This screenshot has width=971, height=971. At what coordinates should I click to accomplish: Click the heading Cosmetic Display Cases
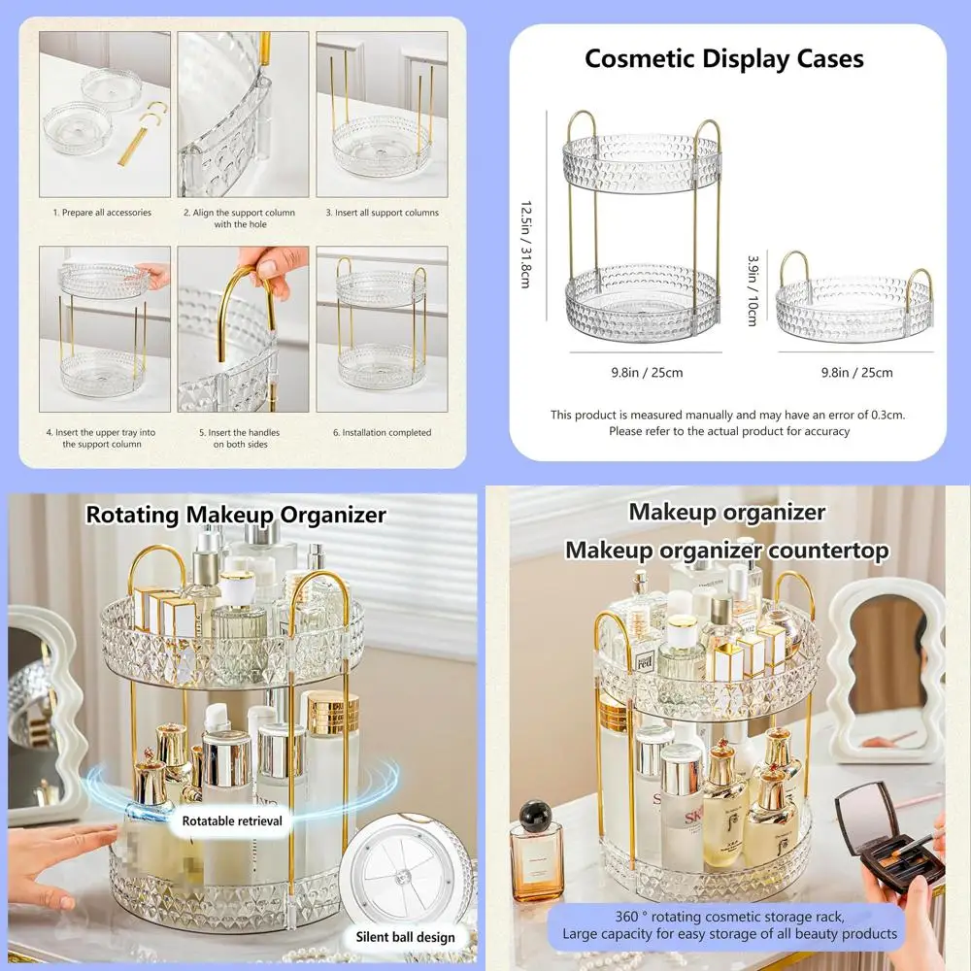click(723, 59)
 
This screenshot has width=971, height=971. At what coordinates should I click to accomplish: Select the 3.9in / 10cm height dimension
click(752, 291)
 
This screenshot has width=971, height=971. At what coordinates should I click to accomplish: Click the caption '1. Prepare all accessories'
click(102, 212)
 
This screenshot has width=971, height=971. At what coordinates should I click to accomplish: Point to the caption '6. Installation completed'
click(382, 432)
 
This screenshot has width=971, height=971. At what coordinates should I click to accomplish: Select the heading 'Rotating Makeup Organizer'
click(236, 514)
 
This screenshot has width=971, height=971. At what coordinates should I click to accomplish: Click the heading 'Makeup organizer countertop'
click(727, 551)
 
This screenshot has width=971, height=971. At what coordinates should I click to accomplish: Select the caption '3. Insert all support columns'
click(382, 212)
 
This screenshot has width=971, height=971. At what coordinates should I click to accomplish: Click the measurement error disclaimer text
click(727, 422)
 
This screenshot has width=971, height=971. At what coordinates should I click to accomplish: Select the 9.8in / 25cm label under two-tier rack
click(647, 372)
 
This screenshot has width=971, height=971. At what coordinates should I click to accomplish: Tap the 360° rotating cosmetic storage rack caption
click(728, 925)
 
